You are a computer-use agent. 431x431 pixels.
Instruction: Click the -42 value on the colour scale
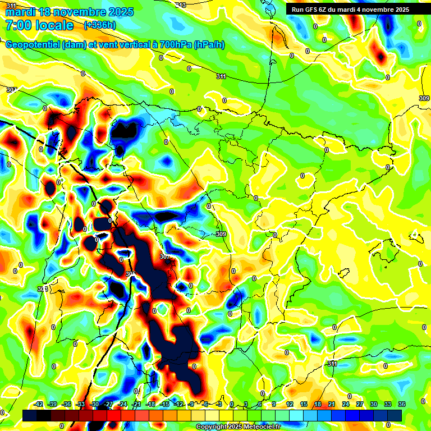39,404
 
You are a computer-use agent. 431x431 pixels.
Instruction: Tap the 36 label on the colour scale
402,404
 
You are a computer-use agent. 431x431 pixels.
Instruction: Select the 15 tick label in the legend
304,404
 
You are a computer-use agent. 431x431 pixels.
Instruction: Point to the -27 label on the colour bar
108,404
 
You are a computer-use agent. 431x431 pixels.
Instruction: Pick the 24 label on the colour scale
346,404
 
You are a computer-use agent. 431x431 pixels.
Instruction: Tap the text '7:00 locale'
39,25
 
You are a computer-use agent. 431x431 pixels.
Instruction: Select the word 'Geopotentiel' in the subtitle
33,45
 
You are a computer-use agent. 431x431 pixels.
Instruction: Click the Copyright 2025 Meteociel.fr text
238,427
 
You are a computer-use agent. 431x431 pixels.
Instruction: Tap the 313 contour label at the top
180,4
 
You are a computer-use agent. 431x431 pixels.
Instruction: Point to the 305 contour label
131,274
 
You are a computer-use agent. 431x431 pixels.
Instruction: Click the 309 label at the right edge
424,98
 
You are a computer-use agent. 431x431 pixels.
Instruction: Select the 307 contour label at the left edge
11,90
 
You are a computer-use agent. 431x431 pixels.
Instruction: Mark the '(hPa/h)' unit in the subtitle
209,45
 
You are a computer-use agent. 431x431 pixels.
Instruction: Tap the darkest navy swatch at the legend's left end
30,415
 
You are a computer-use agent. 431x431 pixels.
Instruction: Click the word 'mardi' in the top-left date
18,12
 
